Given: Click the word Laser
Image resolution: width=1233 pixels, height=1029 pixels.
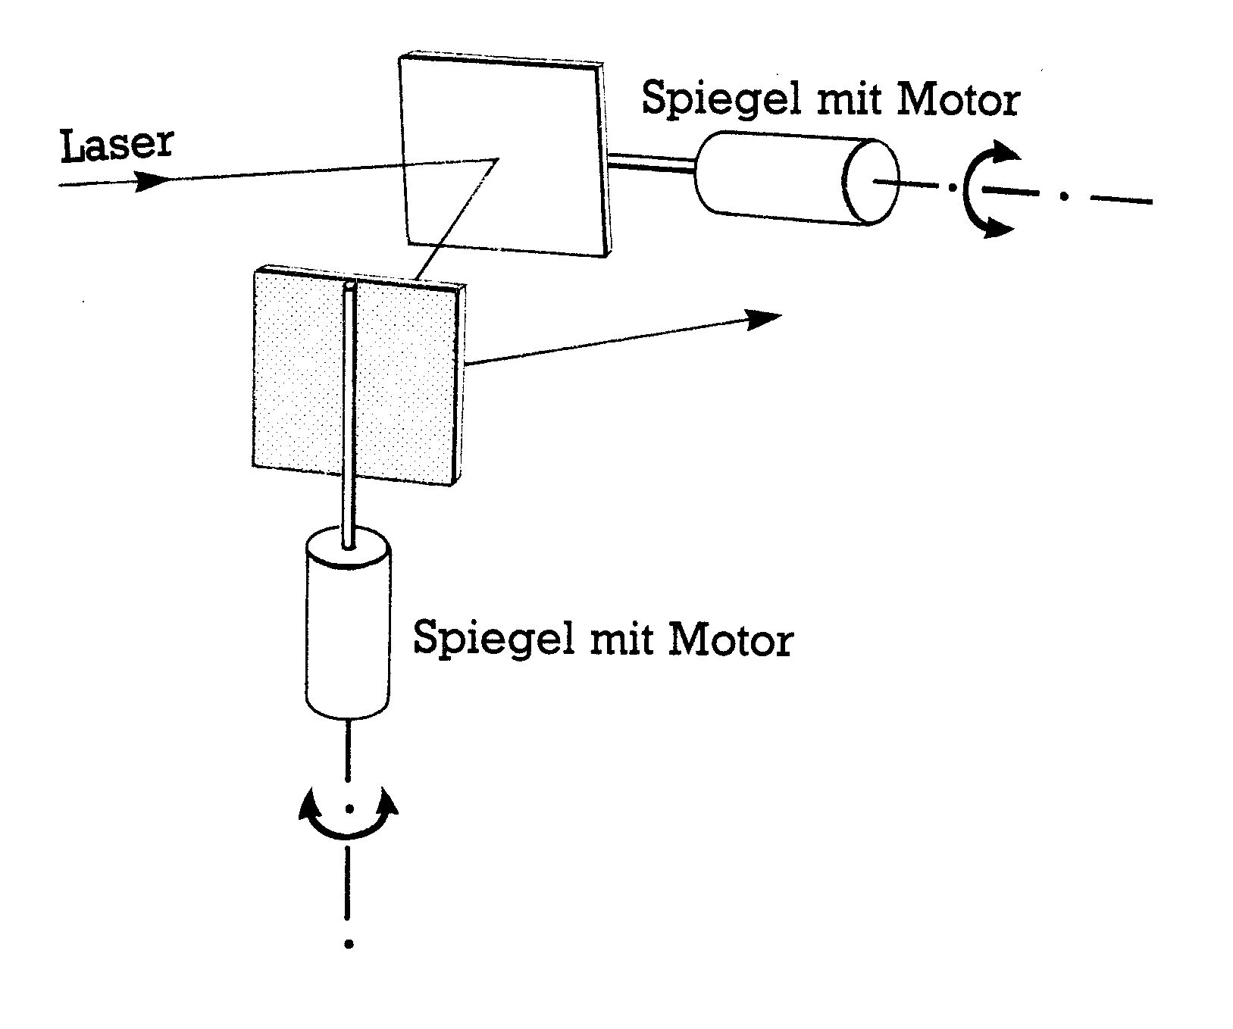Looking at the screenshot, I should (x=117, y=145).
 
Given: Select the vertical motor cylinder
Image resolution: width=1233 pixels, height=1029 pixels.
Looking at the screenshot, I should (x=347, y=629).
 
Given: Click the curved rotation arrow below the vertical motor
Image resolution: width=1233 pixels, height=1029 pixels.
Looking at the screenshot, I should (x=348, y=822).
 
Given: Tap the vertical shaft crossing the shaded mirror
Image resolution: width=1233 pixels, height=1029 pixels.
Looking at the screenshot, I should (x=349, y=417).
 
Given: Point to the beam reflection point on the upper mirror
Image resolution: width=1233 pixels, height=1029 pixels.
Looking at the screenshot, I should (x=497, y=159).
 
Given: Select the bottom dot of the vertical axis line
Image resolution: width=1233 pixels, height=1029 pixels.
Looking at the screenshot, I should (x=349, y=944).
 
